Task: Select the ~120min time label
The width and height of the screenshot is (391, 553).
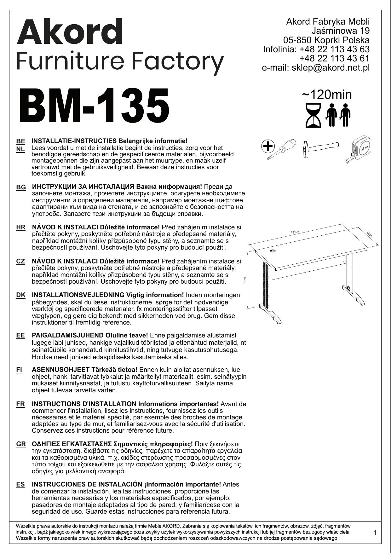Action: (327, 95)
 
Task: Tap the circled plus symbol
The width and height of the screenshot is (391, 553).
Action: (268, 146)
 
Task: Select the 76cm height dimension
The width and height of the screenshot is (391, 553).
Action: (245, 280)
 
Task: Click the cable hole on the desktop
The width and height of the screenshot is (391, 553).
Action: (273, 251)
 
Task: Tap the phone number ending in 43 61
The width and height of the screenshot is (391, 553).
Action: (334, 59)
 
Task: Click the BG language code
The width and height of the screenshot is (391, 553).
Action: (21, 187)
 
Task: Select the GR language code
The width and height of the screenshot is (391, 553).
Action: (21, 444)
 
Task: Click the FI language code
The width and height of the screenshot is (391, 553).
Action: (19, 370)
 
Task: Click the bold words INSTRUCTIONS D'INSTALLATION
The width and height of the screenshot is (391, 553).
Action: (84, 404)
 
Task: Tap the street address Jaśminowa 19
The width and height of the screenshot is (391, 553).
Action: (340, 31)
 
